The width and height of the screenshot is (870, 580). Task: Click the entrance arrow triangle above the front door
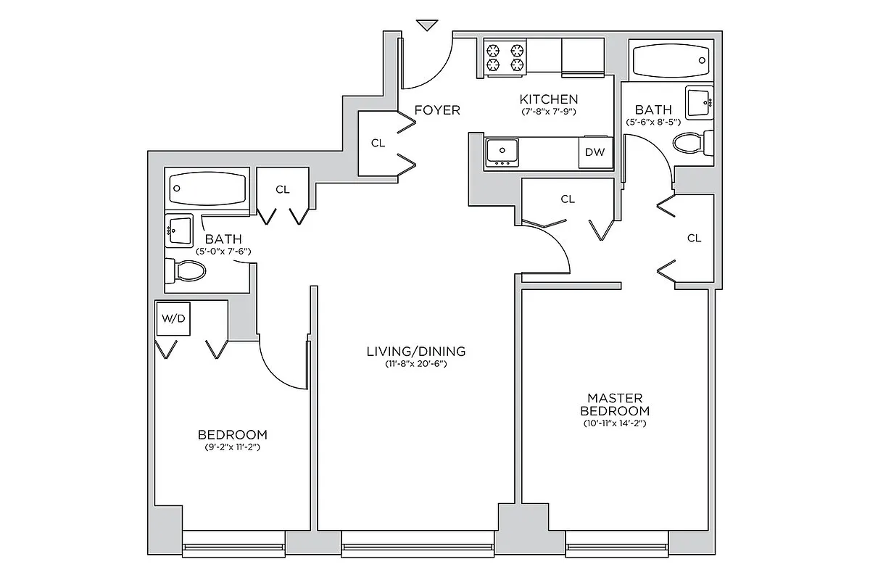pyautogui.click(x=428, y=25)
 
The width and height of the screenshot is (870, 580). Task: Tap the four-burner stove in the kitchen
pyautogui.click(x=505, y=58)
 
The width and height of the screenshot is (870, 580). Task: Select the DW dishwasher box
pyautogui.click(x=594, y=152)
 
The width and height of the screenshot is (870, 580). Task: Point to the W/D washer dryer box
pyautogui.click(x=173, y=319)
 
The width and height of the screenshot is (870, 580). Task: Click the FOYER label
pyautogui.click(x=437, y=110)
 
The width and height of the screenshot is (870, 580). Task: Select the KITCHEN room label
pyautogui.click(x=549, y=99)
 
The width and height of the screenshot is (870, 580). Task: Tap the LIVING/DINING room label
pyautogui.click(x=415, y=352)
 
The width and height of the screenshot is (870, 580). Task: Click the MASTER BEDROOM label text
pyautogui.click(x=614, y=405)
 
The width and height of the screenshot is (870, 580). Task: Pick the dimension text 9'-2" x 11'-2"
pyautogui.click(x=232, y=448)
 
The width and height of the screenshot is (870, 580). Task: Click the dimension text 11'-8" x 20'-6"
pyautogui.click(x=415, y=365)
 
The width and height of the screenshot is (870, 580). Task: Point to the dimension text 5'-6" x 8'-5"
pyautogui.click(x=653, y=122)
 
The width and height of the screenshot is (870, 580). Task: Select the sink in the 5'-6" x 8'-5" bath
pyautogui.click(x=700, y=101)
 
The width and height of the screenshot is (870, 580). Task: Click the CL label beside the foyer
pyautogui.click(x=378, y=143)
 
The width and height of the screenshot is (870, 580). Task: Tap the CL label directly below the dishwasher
pyautogui.click(x=568, y=199)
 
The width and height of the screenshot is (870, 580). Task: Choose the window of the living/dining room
pyautogui.click(x=419, y=545)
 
